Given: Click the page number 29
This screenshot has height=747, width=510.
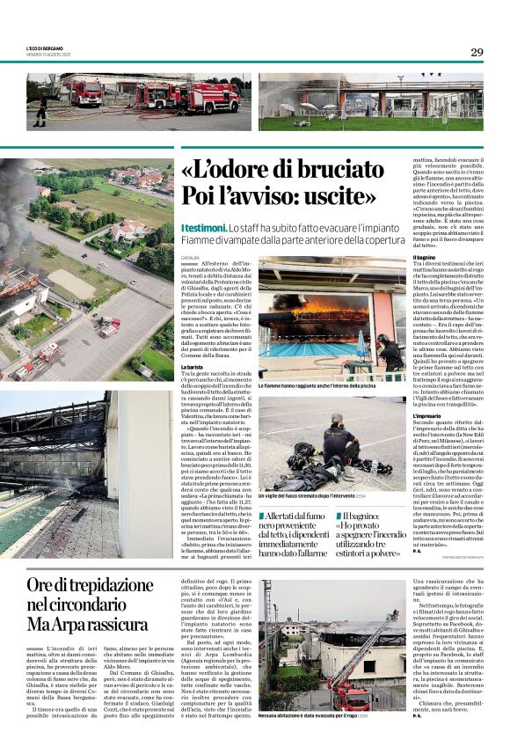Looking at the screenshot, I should (x=476, y=52).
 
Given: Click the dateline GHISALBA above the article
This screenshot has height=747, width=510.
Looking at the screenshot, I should (x=191, y=258).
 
